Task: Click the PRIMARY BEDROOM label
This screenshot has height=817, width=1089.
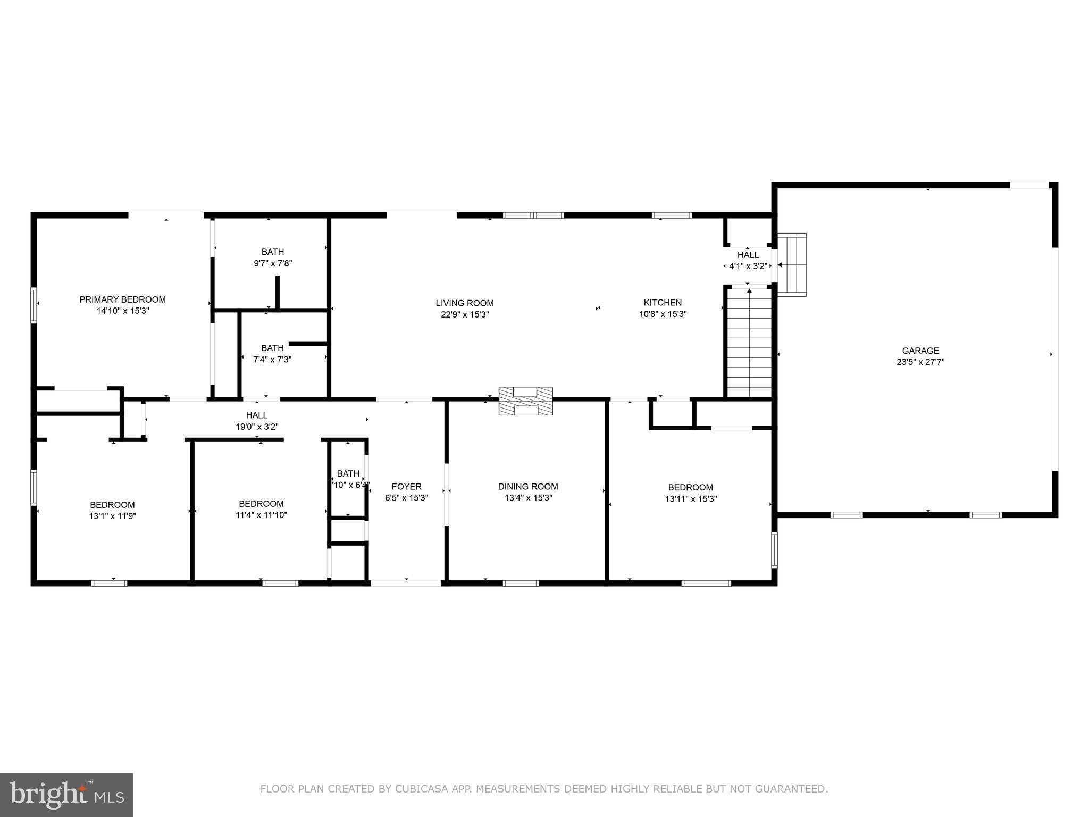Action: [122, 299]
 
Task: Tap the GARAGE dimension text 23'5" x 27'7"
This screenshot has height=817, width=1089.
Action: [920, 362]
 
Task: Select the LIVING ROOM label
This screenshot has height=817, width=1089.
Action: [464, 303]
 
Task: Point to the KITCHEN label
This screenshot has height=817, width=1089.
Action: [663, 303]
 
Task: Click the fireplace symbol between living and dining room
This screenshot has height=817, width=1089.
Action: [525, 401]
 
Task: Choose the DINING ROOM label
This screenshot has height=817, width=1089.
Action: [527, 487]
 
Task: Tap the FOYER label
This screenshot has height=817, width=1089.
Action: [406, 487]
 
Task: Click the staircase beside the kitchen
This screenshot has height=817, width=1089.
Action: [749, 343]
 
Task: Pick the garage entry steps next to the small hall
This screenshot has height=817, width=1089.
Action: [792, 264]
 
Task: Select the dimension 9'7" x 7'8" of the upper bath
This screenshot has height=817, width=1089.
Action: [272, 263]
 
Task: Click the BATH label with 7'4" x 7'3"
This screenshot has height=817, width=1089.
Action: [272, 348]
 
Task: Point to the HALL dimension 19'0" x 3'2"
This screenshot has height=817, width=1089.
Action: [257, 427]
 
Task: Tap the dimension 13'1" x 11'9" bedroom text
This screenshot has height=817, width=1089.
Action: [112, 516]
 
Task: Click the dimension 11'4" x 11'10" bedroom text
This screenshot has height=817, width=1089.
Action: [261, 515]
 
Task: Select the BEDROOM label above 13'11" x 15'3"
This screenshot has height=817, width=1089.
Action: [690, 488]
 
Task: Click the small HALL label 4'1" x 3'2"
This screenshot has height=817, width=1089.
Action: [748, 255]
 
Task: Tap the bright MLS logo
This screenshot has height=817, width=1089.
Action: [66, 795]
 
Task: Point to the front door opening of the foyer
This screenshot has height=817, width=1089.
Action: [406, 583]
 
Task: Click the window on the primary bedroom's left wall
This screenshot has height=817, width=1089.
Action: [33, 305]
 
